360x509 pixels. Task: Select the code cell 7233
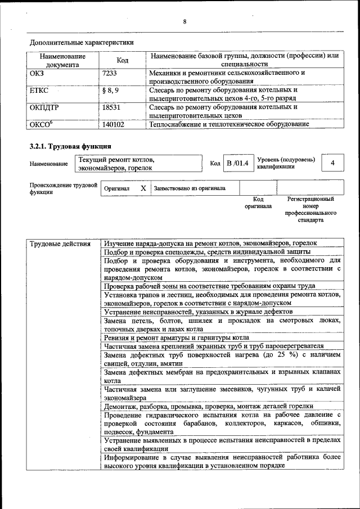coord(112,73)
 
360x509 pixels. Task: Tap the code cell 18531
coord(114,107)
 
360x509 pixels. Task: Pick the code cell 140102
coord(114,124)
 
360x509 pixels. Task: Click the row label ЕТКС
coord(39,90)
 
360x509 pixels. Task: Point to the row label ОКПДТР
coord(45,107)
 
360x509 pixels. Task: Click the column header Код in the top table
coord(122,60)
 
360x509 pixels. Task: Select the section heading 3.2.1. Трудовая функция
coord(66,146)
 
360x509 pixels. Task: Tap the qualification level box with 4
coord(334,163)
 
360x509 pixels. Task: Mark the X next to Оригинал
coord(143,188)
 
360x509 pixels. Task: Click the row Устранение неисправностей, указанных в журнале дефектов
coord(198,311)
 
